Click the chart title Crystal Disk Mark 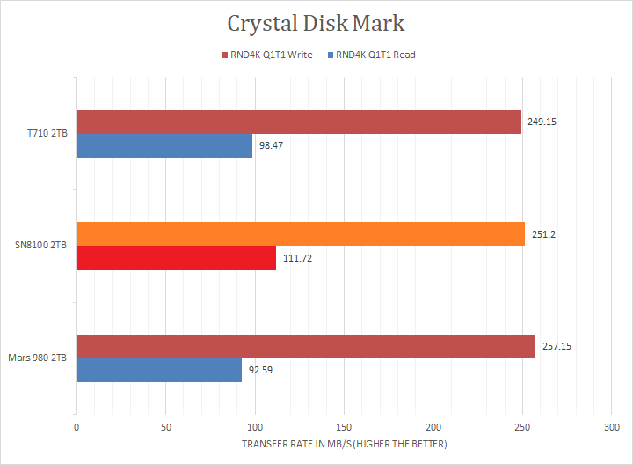point(316,24)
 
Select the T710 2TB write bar point(299,122)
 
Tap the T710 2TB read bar point(164,145)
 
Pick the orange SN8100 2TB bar point(301,234)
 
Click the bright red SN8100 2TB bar point(176,258)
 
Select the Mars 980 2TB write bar point(306,347)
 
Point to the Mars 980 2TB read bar point(159,370)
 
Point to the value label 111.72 point(297,258)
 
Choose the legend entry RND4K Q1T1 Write point(272,55)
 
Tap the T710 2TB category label point(47,134)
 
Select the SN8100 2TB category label point(43,246)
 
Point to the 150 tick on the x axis point(344,427)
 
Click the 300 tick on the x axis point(611,427)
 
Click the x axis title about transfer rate point(344,444)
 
